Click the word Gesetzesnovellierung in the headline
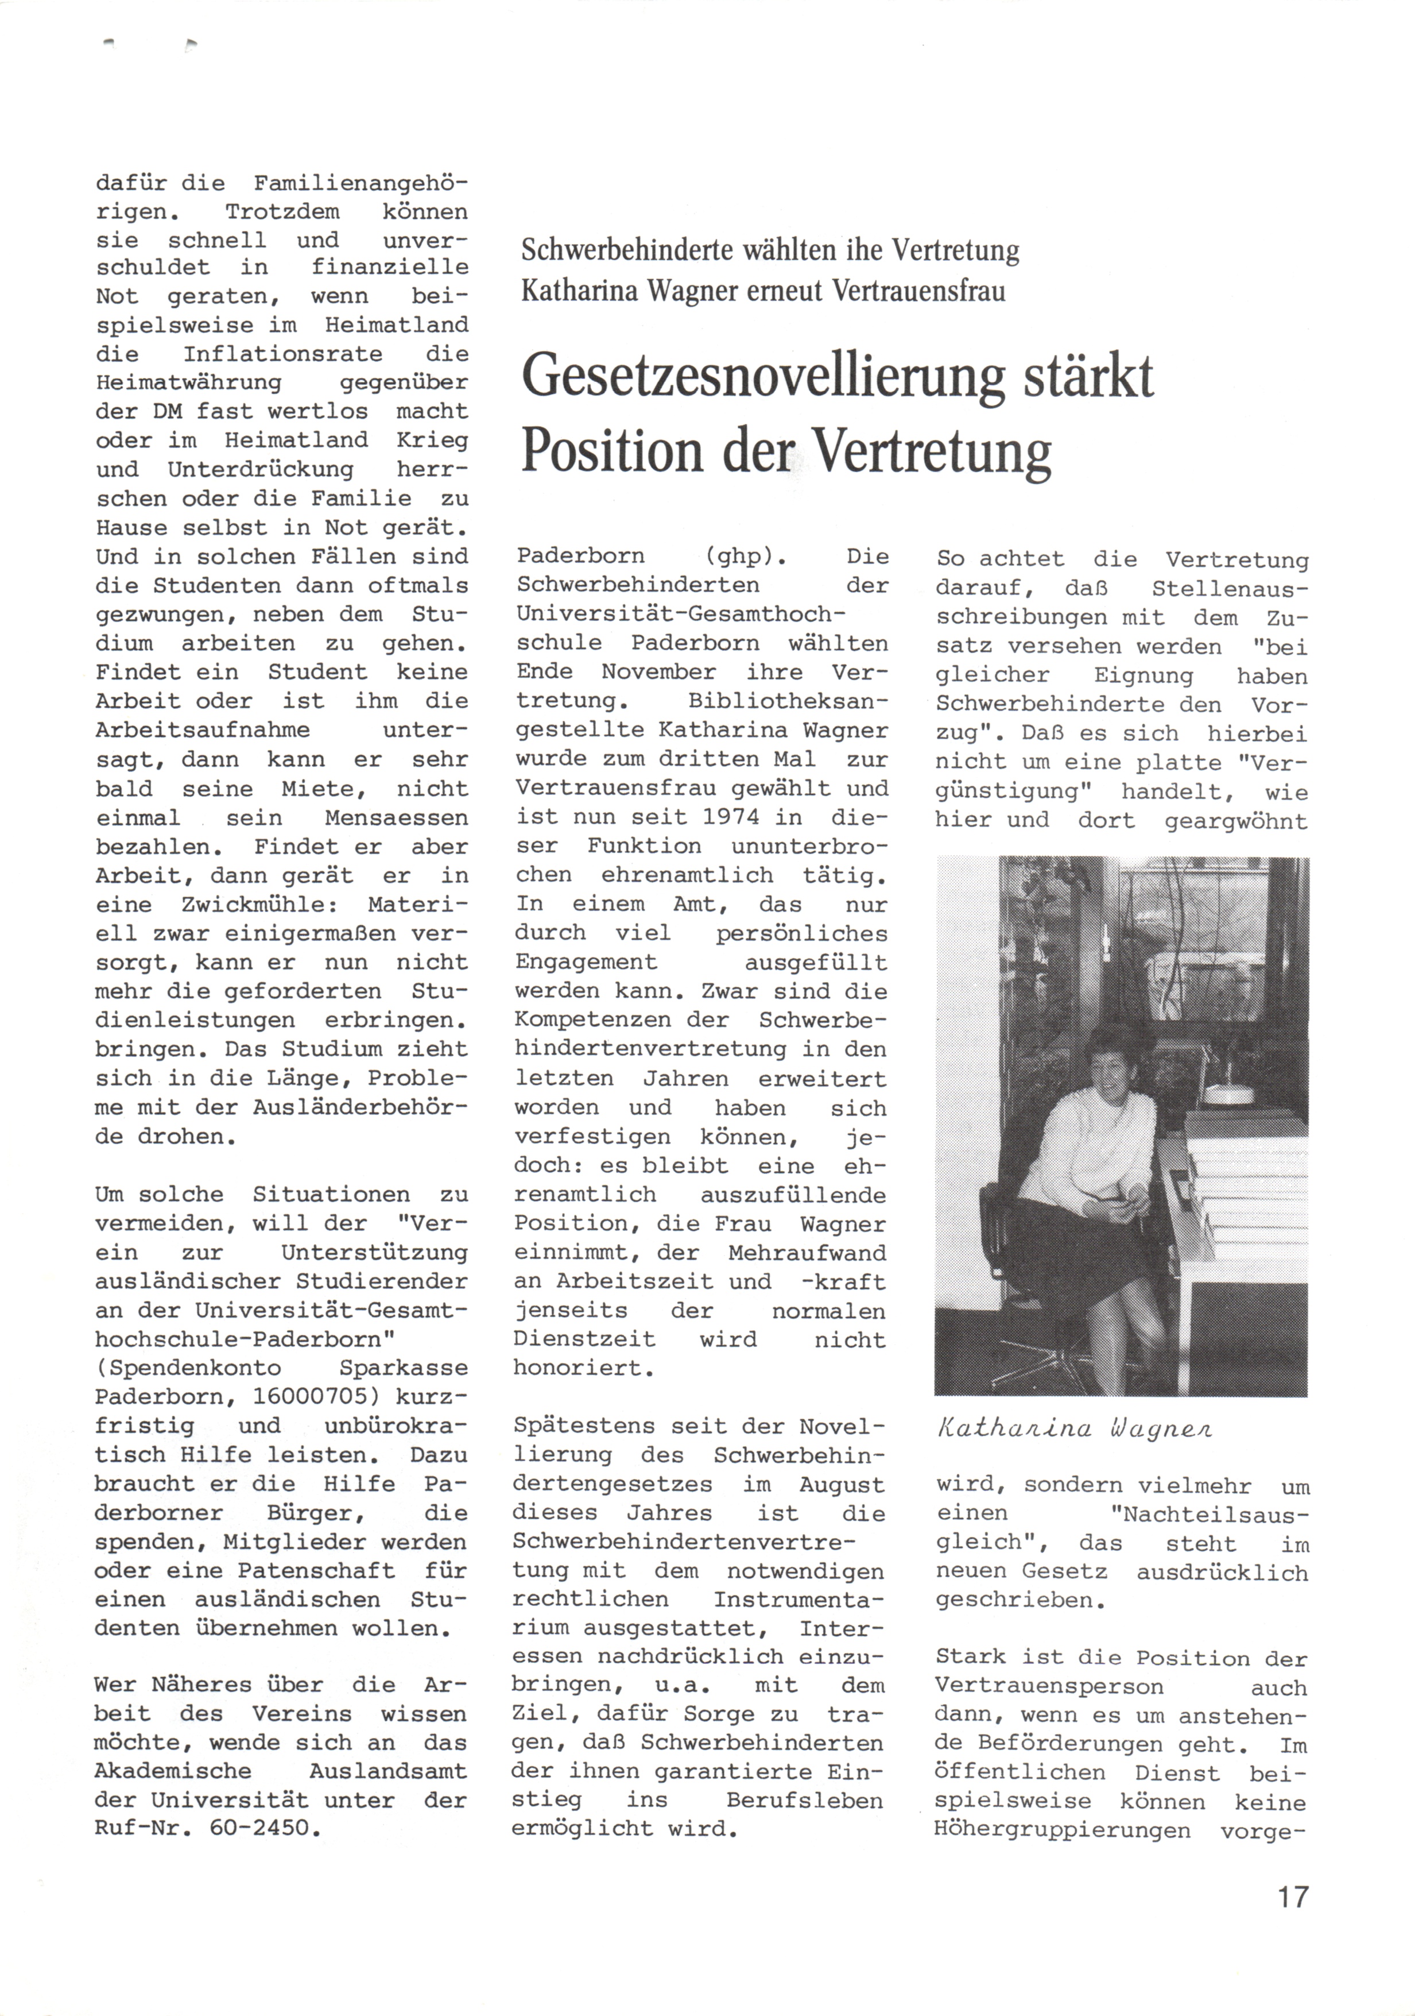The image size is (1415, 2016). pos(762,377)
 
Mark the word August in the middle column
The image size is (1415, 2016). pos(842,1485)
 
